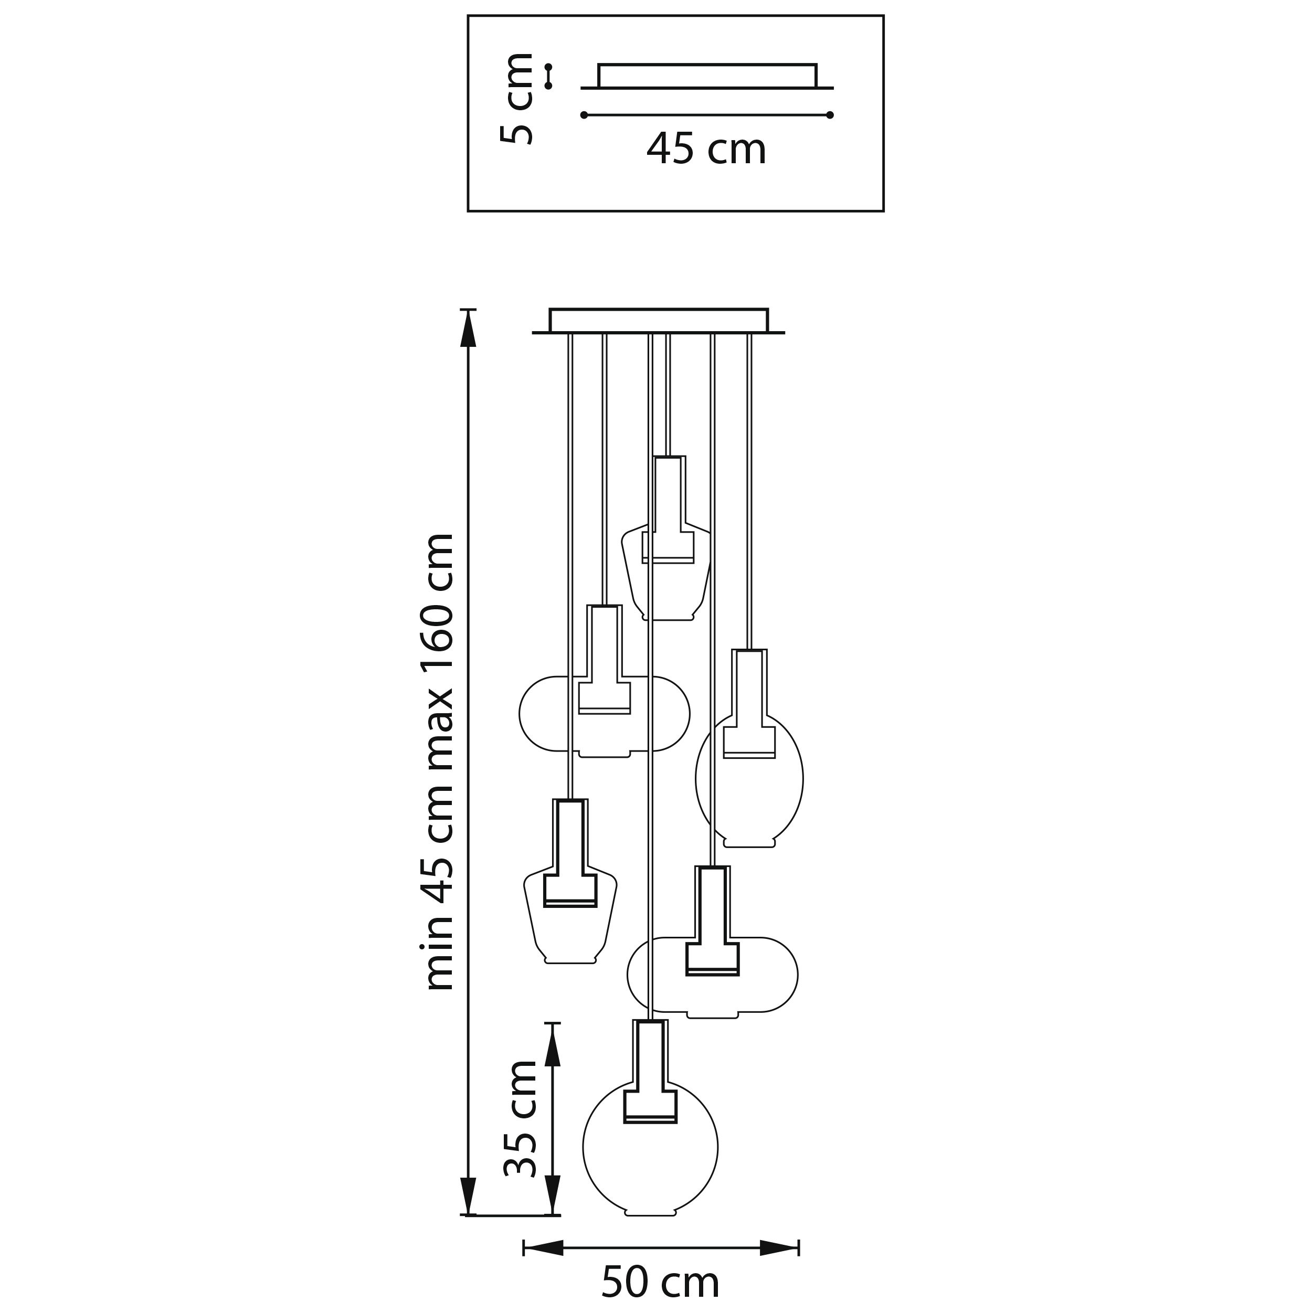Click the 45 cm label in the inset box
coord(706,150)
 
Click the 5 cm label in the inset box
coord(516,99)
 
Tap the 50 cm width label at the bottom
coord(660,1282)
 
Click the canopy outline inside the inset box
coord(707,76)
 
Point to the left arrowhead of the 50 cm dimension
coord(543,1247)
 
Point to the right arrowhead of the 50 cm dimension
coord(779,1247)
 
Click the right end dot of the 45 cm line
coord(830,115)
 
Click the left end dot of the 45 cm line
coord(584,115)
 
